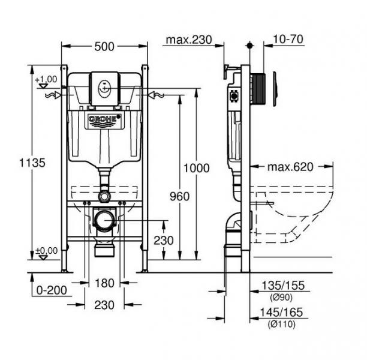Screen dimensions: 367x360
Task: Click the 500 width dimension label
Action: point(104,46)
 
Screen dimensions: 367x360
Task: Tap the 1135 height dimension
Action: point(32,163)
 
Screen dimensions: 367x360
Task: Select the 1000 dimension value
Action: point(196,168)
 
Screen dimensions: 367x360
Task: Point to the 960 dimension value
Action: point(179,196)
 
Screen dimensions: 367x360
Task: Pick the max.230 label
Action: point(189,40)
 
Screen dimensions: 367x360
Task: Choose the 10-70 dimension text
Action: point(288,39)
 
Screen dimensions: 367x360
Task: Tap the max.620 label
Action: point(290,167)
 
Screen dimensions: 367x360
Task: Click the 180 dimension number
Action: point(104,283)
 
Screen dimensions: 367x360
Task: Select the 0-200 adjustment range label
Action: point(52,290)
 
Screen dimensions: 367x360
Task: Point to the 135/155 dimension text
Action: point(283,285)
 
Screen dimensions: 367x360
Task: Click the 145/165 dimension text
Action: point(281,312)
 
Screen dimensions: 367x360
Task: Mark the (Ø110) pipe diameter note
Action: point(282,324)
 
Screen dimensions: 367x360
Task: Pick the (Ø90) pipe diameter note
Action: point(281,298)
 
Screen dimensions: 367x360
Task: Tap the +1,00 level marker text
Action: point(46,79)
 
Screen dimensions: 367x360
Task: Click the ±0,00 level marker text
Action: point(46,251)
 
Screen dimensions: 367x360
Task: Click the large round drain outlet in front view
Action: point(104,220)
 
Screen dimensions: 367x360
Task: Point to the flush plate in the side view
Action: point(275,89)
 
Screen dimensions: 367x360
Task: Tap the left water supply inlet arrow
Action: point(54,95)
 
